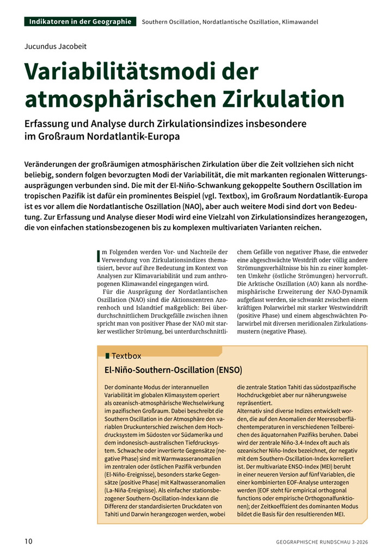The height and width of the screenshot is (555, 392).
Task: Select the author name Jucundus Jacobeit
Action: point(56,46)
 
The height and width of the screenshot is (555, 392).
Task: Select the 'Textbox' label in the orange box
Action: point(126,356)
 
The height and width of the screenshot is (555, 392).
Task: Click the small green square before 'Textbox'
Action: point(107,356)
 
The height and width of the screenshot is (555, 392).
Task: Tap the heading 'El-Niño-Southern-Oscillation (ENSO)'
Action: point(173,370)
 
